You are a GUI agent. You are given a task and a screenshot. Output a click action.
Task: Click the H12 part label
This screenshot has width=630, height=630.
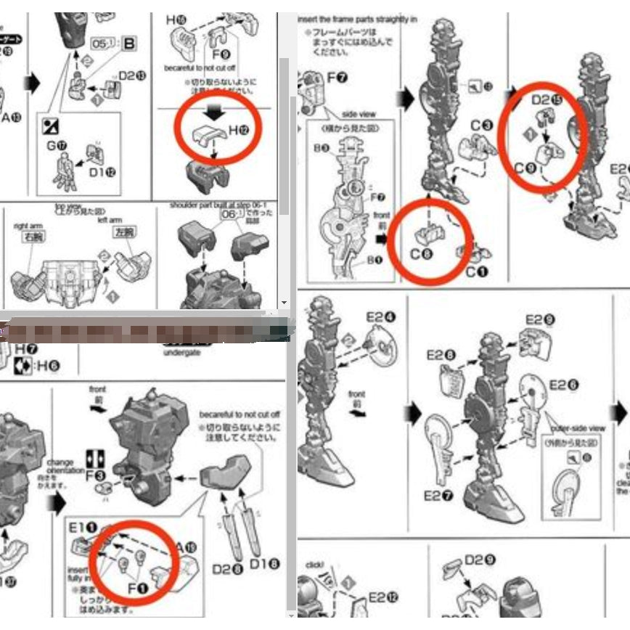coord(239,131)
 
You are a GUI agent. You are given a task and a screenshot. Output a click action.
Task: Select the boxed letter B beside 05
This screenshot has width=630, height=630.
coord(130,44)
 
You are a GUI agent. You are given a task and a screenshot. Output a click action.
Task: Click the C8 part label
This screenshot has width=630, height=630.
coord(421,255)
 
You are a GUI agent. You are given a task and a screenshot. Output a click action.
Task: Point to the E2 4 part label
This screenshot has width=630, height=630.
coord(381,317)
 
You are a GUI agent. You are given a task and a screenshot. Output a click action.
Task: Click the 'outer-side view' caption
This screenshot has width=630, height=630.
coord(577,428)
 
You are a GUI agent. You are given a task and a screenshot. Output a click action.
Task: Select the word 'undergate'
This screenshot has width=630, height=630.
coord(181,352)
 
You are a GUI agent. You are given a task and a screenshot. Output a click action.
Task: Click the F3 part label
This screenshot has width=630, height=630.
coord(96,476)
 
